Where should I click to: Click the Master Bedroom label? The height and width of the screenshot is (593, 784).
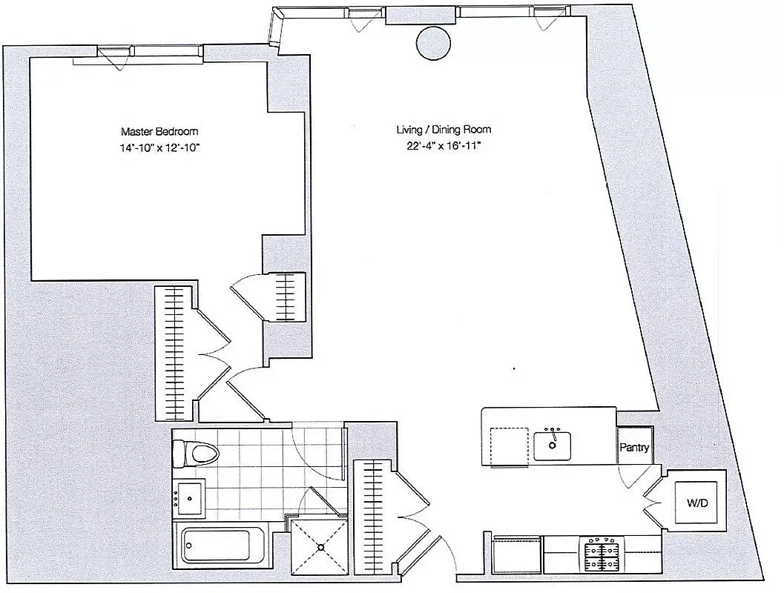coord(159,131)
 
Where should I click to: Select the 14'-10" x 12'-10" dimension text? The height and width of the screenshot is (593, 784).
coord(159,148)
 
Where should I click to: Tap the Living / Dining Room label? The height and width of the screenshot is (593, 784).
coord(443,130)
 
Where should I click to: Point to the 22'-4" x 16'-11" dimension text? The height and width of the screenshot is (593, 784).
coord(443,147)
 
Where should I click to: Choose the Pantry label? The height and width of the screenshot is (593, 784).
coord(635,448)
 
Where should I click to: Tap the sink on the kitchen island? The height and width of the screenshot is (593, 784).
coord(553,445)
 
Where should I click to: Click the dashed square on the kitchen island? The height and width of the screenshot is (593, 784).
coord(509,447)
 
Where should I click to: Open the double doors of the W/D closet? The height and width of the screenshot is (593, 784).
coord(653,504)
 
